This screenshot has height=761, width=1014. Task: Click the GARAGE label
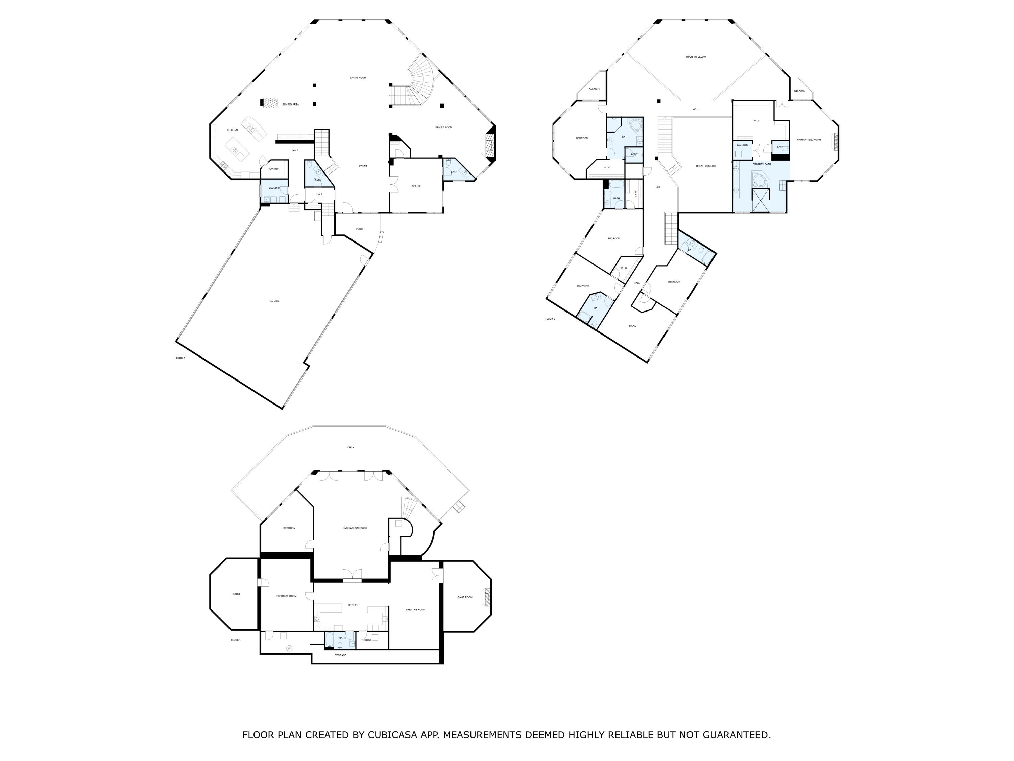coord(274,301)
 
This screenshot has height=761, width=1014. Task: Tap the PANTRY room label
coord(274,169)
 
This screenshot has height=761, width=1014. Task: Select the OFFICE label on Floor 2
coord(416,186)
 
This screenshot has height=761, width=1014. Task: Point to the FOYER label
coord(363,166)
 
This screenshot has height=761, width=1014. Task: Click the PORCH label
coord(360,229)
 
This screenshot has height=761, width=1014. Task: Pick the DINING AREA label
coord(291,105)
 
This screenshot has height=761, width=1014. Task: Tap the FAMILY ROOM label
coord(444,127)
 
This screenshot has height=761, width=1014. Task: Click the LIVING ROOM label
coord(358,78)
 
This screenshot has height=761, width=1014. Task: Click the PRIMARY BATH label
coord(762,164)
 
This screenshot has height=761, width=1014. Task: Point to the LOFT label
coord(695,109)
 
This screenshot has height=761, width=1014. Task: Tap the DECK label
coord(351,448)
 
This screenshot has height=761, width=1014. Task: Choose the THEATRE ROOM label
coord(415,609)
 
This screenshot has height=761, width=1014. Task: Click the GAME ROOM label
coord(465,597)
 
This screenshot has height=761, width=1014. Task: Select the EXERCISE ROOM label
coord(287,596)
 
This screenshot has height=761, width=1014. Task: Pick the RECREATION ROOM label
coord(355,528)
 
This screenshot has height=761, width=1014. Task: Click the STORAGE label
coord(341,655)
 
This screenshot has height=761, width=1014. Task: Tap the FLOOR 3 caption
coord(550,319)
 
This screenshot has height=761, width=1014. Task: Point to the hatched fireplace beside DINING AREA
coord(270,103)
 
